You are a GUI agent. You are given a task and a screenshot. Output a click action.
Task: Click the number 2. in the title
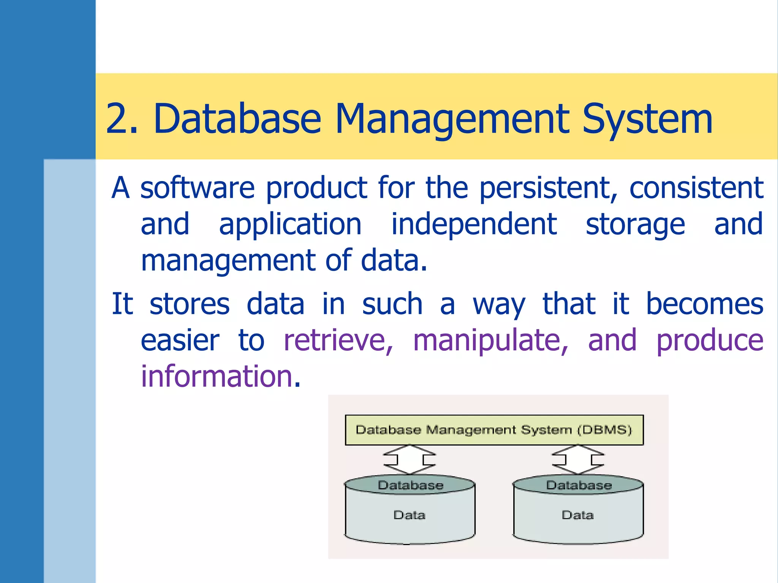pyautogui.click(x=121, y=119)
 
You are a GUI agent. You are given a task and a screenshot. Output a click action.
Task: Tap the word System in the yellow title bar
pyautogui.click(x=647, y=119)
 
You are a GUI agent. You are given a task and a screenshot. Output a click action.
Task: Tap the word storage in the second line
pyautogui.click(x=635, y=225)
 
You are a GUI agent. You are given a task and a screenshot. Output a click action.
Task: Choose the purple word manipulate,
pyautogui.click(x=490, y=340)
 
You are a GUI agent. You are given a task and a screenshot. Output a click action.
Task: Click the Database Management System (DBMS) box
pyautogui.click(x=494, y=430)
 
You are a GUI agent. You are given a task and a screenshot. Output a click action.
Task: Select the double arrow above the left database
pyautogui.click(x=410, y=459)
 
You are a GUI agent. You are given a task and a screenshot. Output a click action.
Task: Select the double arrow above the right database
pyautogui.click(x=578, y=459)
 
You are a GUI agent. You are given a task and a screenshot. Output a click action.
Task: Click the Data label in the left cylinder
pyautogui.click(x=409, y=515)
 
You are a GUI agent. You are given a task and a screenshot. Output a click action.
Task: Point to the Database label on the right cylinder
pyautogui.click(x=579, y=485)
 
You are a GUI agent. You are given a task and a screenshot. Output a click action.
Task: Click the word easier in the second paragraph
pyautogui.click(x=180, y=340)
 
